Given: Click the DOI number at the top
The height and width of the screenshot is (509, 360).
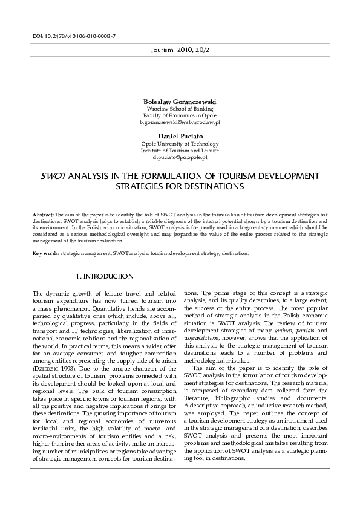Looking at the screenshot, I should click(x=74, y=36).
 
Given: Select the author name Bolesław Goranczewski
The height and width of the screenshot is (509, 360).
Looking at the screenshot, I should click(x=179, y=101).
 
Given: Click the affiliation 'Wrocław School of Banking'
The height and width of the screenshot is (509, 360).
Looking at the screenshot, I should click(x=180, y=108).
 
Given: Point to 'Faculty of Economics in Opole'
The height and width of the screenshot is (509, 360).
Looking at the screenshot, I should click(x=180, y=115).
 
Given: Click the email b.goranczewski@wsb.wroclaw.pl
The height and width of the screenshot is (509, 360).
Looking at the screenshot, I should click(x=180, y=122).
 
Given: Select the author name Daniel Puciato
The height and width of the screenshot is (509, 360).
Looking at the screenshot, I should click(x=180, y=137).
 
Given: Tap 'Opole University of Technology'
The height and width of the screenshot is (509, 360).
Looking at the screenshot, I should click(x=180, y=144).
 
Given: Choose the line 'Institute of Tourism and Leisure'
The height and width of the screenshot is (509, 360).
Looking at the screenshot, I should click(x=180, y=151).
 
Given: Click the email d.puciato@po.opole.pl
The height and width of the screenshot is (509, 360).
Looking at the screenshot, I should click(x=180, y=157).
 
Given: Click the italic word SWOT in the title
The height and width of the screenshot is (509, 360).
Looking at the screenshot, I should click(x=53, y=176).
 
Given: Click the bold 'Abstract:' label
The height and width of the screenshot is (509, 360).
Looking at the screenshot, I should click(x=44, y=215).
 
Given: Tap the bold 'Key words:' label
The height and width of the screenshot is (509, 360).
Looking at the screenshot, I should click(x=46, y=254).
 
